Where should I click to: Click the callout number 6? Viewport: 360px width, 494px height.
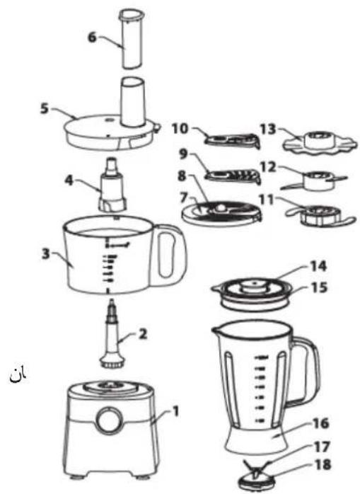pyautogui.click(x=92, y=36)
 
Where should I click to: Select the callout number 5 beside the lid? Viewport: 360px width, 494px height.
pyautogui.click(x=44, y=110)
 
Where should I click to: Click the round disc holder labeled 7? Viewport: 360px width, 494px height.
pyautogui.click(x=221, y=212)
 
